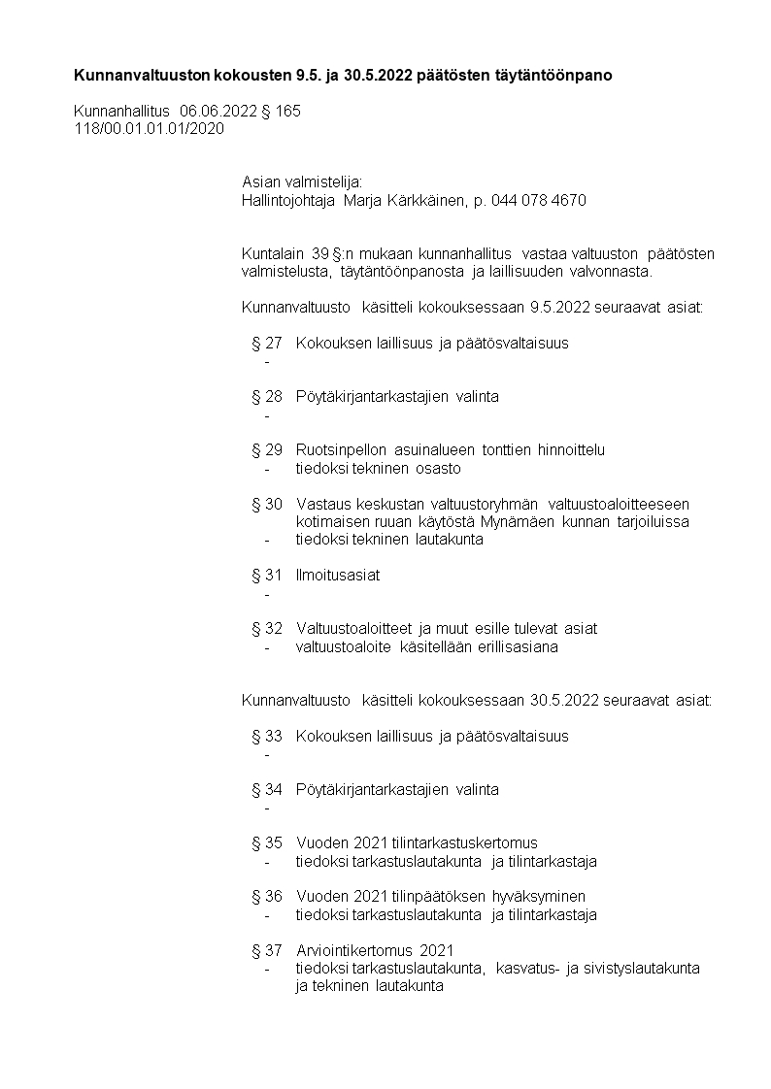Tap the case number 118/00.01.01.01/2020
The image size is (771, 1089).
pos(150,128)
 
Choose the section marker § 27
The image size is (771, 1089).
pos(267,343)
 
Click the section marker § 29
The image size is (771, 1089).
pos(267,450)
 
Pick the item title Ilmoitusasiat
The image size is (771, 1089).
pos(338,576)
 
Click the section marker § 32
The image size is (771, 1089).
pos(267,629)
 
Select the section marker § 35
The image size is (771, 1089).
pos(267,843)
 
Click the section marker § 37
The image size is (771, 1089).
pos(267,950)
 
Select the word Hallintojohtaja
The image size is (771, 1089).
pos(288,201)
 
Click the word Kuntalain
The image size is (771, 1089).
pos(273,254)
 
